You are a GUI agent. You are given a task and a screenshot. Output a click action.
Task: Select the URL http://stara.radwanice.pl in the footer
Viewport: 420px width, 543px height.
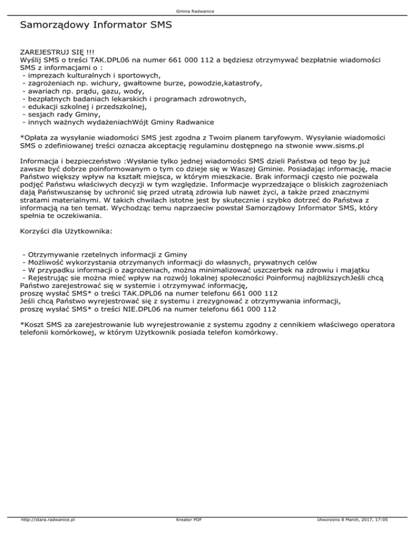48,535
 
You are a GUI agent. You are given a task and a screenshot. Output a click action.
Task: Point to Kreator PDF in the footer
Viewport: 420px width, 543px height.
186,535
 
